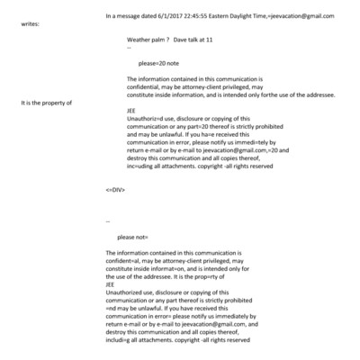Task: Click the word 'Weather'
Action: tap(141, 40)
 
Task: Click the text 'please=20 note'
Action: tap(157, 64)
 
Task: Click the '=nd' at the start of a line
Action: tap(110, 307)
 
